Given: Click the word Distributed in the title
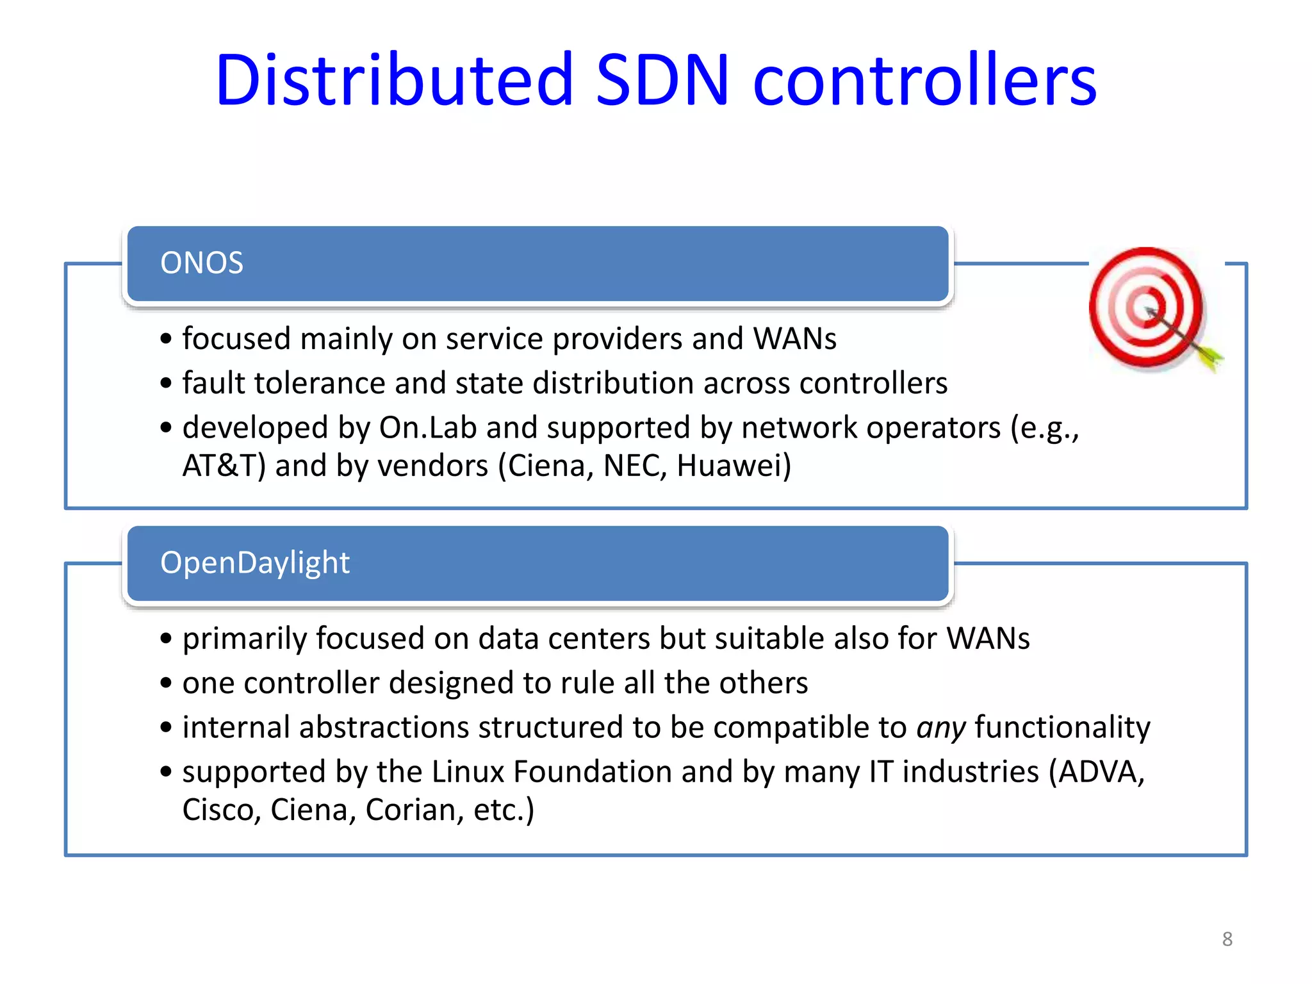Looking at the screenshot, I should point(394,80).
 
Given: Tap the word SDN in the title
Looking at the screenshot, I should point(662,80).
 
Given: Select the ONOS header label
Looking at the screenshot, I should point(202,263).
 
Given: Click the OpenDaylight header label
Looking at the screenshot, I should point(254,563).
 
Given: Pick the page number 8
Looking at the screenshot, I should point(1227,939).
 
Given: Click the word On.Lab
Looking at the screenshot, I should point(427,427).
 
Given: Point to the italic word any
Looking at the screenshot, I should point(940,728).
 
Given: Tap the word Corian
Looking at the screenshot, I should point(410,810).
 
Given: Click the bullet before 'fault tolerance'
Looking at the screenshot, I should point(167,384).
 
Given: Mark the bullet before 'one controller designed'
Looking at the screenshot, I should point(167,684).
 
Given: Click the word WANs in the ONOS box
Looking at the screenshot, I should point(794,339).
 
